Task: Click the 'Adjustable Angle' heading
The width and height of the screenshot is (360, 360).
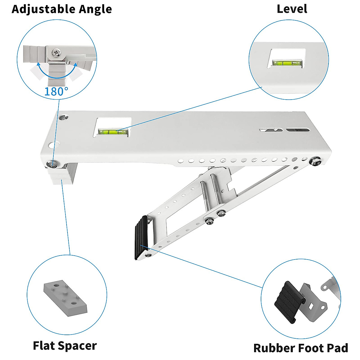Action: coord(62,9)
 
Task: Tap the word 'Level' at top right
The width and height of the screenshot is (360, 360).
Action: coord(292,9)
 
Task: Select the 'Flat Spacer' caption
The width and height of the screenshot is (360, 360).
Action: coord(65,346)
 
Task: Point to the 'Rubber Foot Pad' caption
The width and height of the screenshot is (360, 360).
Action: coord(301,348)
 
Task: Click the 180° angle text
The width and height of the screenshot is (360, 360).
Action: coord(56,91)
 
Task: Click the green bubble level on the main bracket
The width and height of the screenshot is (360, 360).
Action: coord(113,132)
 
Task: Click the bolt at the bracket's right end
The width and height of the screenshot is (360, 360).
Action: coord(315,160)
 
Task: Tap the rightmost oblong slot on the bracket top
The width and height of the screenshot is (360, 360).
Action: coord(297,130)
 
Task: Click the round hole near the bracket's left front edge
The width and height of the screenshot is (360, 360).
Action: coord(54,145)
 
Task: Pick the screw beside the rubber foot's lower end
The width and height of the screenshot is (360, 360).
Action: coord(148,255)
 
